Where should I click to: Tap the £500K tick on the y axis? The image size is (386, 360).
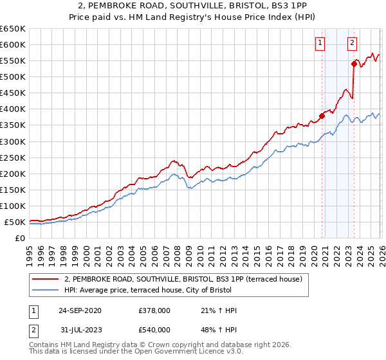pos(13,77)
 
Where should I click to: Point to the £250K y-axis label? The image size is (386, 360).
pos(13,157)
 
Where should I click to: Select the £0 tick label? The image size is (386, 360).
pos(19,239)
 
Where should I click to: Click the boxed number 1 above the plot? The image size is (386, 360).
pos(320,43)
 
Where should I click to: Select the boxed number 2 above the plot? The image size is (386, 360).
pos(353,43)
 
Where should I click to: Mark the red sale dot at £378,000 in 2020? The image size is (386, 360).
pos(322,116)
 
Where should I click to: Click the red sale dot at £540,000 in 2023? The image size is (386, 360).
pos(354,63)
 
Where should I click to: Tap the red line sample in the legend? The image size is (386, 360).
pos(46,279)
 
